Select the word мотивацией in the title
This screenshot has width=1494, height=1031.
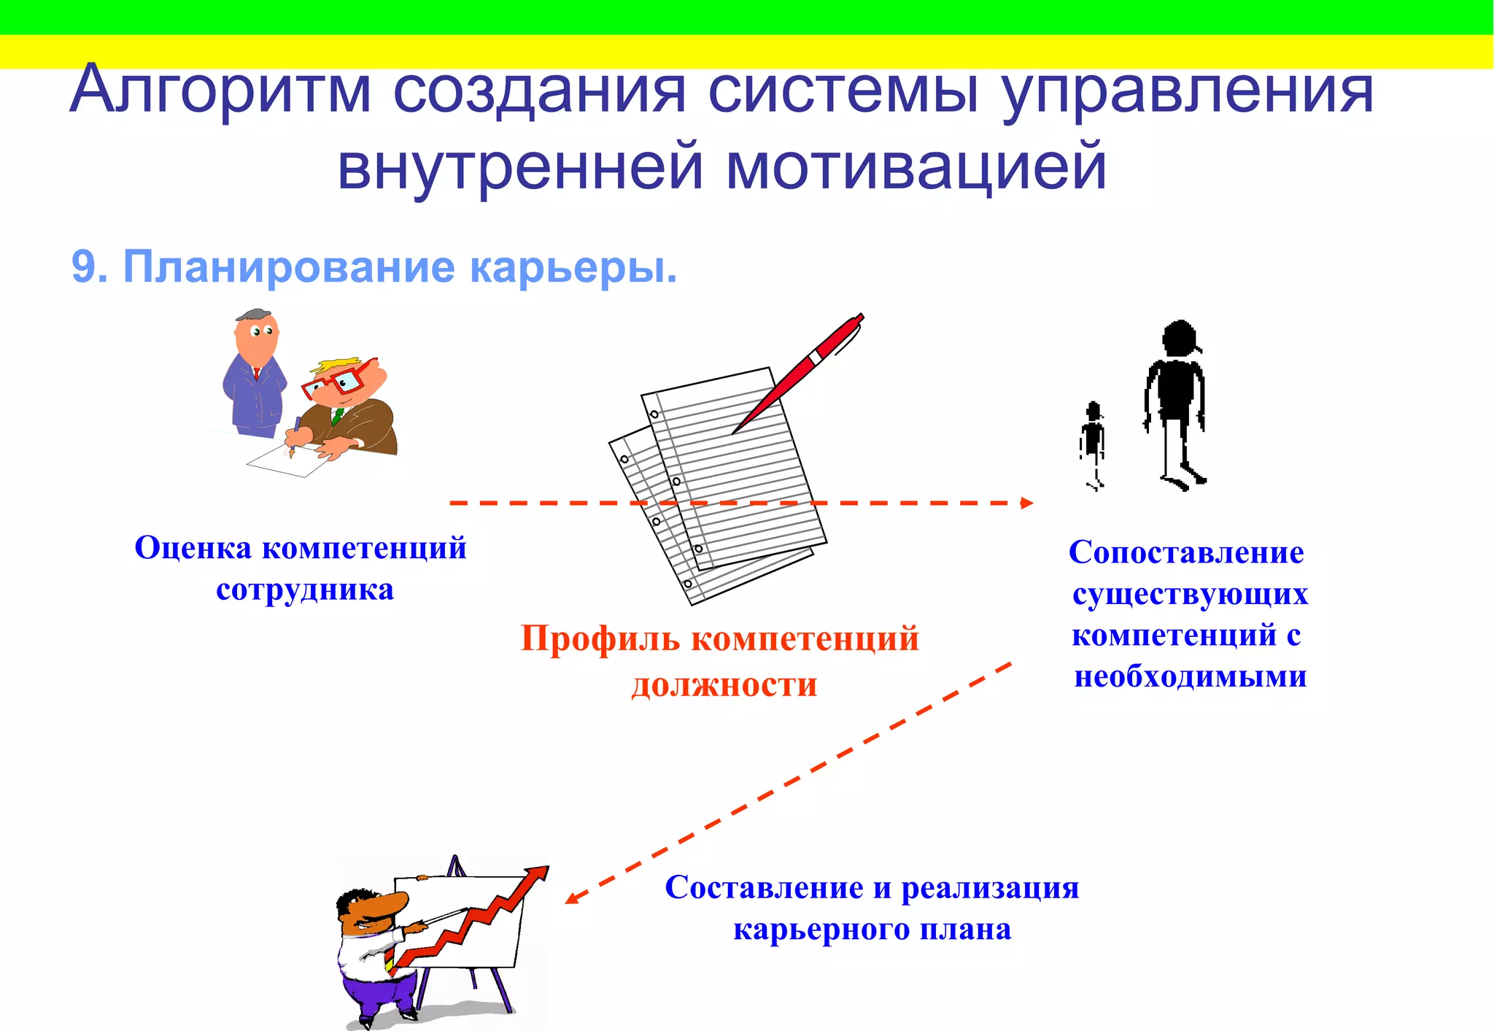click(916, 167)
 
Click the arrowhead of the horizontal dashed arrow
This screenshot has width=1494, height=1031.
click(1027, 503)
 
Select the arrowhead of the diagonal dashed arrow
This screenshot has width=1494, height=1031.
click(572, 898)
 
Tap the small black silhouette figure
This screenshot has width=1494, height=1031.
click(1093, 441)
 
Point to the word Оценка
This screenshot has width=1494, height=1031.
click(193, 548)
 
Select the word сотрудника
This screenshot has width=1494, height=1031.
click(305, 590)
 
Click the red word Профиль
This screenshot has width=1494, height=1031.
click(600, 638)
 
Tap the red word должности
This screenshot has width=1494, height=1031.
click(724, 684)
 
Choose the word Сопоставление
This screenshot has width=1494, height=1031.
click(1186, 552)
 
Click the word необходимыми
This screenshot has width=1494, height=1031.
click(1191, 676)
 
